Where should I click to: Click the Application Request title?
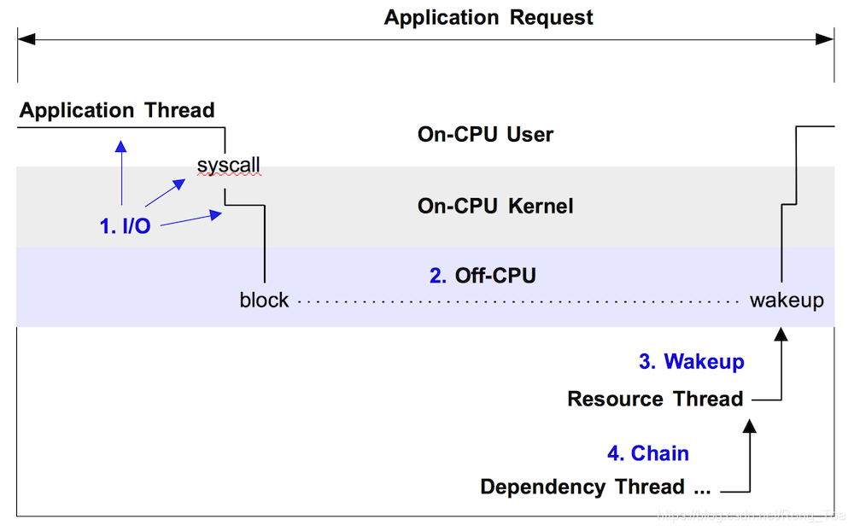tap(488, 17)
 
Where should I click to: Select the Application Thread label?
tap(117, 110)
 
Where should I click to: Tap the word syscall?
tap(228, 165)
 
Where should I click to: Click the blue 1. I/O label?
tap(125, 226)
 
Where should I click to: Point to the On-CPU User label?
tap(485, 134)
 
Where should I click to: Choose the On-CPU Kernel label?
tap(494, 206)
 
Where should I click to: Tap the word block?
tap(264, 301)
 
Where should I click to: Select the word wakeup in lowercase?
tap(787, 301)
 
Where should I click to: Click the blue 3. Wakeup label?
tap(691, 361)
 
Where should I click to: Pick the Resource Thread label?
tap(655, 399)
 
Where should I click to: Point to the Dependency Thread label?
tap(595, 487)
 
